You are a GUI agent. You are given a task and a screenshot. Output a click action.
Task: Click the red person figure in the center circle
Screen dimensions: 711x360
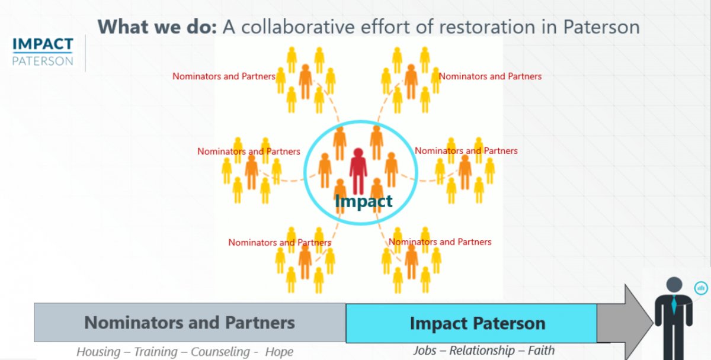click(358, 171)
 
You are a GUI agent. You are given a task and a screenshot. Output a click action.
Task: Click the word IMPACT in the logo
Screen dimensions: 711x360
click(43, 44)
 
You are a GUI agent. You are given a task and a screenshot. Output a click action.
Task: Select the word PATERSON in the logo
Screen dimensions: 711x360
click(43, 61)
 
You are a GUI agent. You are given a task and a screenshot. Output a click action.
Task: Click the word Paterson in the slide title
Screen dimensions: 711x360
click(601, 27)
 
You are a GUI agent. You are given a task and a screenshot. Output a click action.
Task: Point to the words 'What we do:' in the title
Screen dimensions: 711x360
click(157, 27)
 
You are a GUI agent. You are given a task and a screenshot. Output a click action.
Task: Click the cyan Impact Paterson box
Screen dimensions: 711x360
click(472, 323)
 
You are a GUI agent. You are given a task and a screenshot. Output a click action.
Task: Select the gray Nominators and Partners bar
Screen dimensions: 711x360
click(190, 322)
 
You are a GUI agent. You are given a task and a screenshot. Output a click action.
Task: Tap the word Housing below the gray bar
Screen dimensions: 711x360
click(98, 352)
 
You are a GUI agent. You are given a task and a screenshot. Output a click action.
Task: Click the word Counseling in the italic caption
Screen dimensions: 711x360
click(220, 352)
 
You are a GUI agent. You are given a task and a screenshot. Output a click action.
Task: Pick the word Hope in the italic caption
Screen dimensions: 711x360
click(279, 352)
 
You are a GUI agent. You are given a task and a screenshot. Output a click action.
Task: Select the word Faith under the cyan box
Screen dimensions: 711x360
click(541, 351)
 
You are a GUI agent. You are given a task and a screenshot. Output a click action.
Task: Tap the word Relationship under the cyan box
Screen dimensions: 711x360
click(482, 351)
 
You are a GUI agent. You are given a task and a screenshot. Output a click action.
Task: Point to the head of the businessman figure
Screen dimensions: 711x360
click(674, 285)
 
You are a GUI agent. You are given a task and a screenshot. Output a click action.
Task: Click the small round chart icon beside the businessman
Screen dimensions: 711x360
click(701, 288)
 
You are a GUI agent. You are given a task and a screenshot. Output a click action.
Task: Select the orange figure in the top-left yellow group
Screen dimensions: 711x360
click(305, 82)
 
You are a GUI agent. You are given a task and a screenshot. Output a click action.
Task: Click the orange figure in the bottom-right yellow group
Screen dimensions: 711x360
click(411, 262)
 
